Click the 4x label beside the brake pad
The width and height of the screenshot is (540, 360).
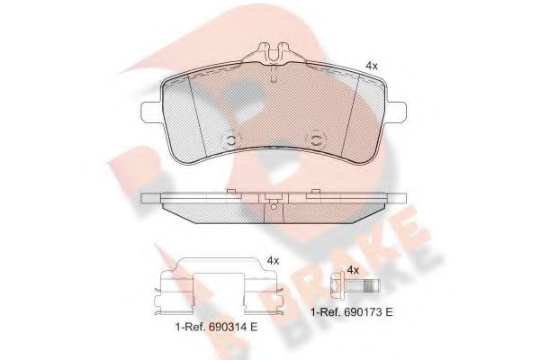[371, 66]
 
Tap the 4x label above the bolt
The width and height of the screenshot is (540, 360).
[354, 269]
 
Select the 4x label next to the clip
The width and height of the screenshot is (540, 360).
[273, 260]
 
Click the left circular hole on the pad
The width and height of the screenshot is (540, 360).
[229, 140]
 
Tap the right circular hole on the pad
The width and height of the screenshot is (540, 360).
[315, 140]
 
